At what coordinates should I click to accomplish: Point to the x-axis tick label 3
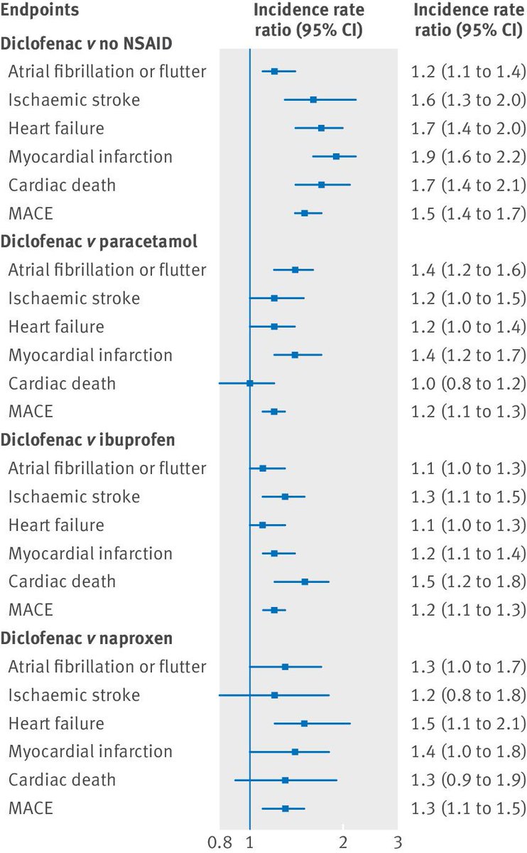pyautogui.click(x=398, y=842)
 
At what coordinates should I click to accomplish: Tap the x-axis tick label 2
pyautogui.click(x=344, y=842)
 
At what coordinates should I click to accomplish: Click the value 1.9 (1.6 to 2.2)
pyautogui.click(x=469, y=156)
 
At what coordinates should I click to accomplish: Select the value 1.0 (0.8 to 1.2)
pyautogui.click(x=469, y=383)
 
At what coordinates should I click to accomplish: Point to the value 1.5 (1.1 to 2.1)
pyautogui.click(x=469, y=724)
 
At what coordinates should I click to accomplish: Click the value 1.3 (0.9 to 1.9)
pyautogui.click(x=469, y=780)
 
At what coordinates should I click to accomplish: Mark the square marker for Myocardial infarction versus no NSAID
pyautogui.click(x=336, y=156)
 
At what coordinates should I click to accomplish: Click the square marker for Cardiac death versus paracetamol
pyautogui.click(x=250, y=383)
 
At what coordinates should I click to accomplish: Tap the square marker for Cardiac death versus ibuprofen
pyautogui.click(x=305, y=581)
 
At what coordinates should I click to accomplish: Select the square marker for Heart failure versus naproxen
pyautogui.click(x=305, y=724)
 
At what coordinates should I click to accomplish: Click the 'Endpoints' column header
pyautogui.click(x=40, y=11)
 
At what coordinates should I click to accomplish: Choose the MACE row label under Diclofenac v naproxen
pyautogui.click(x=31, y=808)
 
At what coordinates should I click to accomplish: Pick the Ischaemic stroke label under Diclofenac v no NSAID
pyautogui.click(x=74, y=100)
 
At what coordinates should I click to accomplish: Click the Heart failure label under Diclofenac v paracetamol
pyautogui.click(x=56, y=326)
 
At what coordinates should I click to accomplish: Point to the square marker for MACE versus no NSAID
pyautogui.click(x=305, y=213)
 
